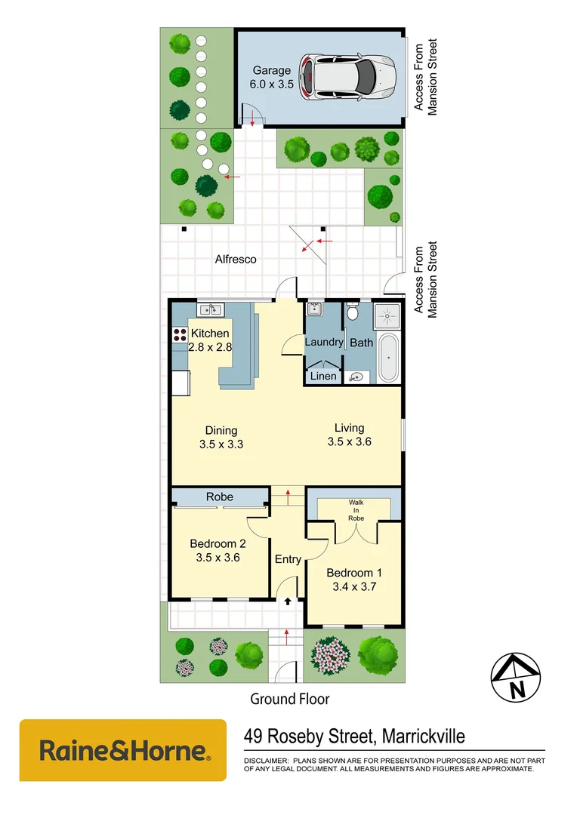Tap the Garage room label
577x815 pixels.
click(271, 71)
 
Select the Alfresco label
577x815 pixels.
click(236, 259)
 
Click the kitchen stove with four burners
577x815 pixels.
click(180, 336)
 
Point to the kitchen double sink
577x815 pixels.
click(209, 309)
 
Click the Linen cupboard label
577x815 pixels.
click(323, 376)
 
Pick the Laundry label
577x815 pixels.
click(323, 342)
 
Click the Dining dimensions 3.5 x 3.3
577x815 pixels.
click(221, 444)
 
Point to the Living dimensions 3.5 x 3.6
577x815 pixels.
click(350, 442)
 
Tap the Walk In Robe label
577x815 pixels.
click(356, 510)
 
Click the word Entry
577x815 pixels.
click(288, 559)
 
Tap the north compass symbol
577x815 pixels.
click(517, 676)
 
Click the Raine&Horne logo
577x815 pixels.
click(123, 750)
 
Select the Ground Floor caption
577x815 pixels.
click(289, 699)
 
